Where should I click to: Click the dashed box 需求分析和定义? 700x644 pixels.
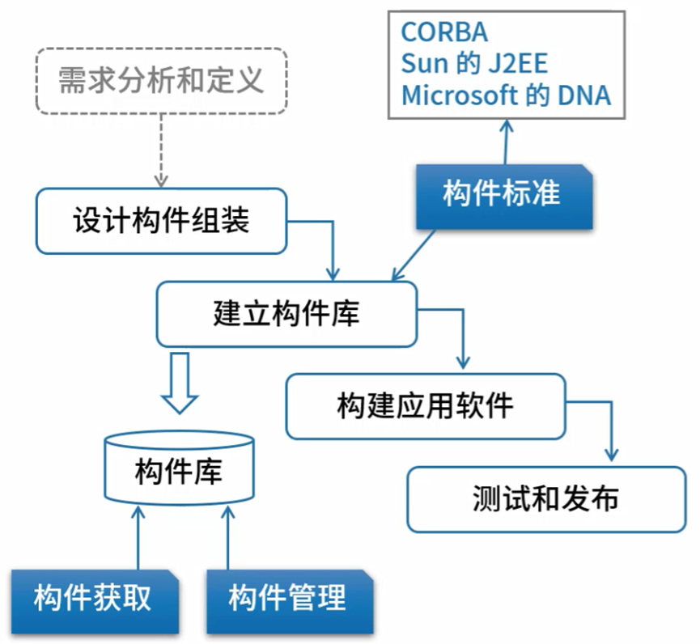(x=161, y=81)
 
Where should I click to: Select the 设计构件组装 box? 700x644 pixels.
(x=161, y=221)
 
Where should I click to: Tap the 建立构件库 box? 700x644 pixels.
(x=286, y=314)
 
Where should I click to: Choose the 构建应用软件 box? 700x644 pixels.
(x=424, y=405)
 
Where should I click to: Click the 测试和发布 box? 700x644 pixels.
(x=545, y=498)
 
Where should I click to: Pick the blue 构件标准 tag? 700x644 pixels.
(x=502, y=195)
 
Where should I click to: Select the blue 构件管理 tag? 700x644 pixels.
(x=287, y=600)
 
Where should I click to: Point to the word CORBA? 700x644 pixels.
(x=444, y=32)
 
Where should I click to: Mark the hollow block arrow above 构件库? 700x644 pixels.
(x=179, y=382)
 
